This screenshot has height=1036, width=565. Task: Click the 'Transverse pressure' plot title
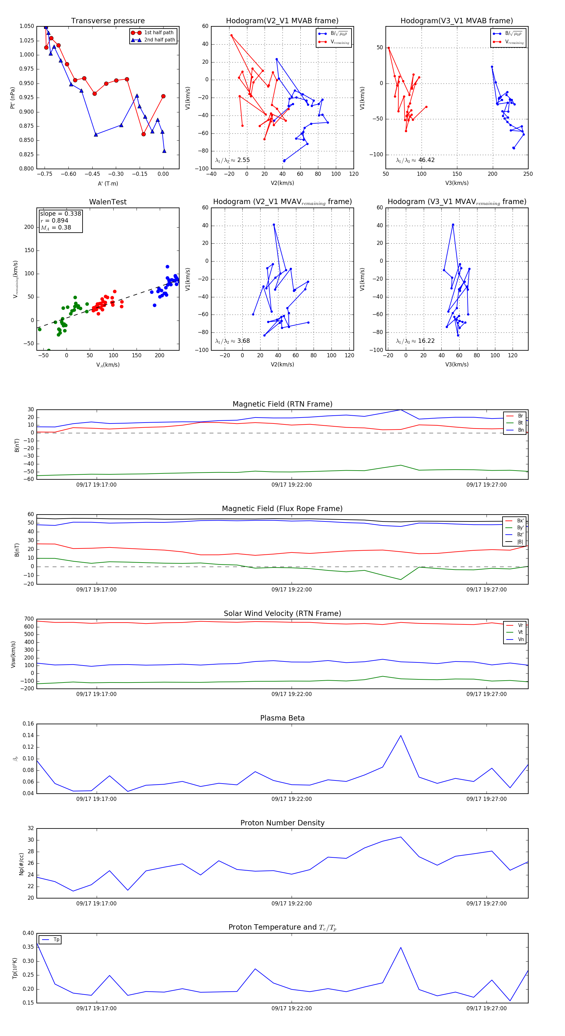point(108,21)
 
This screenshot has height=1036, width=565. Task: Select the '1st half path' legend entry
point(159,33)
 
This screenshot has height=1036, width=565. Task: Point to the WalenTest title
point(108,202)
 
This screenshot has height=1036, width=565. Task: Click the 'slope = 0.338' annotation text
point(60,213)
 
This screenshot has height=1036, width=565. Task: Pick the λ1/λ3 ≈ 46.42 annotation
point(415,160)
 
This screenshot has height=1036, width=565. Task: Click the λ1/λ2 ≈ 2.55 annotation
point(232,160)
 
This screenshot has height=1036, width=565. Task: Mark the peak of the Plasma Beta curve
point(401,736)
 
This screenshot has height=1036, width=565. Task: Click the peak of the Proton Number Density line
point(401,837)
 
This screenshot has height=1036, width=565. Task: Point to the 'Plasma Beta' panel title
point(282,718)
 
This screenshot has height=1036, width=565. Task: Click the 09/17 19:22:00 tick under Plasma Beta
point(292,799)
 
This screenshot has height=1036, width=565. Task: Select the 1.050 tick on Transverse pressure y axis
point(27,26)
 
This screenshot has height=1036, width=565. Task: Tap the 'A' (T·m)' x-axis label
point(108,183)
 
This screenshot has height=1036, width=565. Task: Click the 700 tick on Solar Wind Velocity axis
point(29,619)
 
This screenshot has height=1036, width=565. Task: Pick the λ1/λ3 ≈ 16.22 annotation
point(415,341)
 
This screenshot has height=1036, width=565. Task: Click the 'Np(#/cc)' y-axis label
point(21,864)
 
